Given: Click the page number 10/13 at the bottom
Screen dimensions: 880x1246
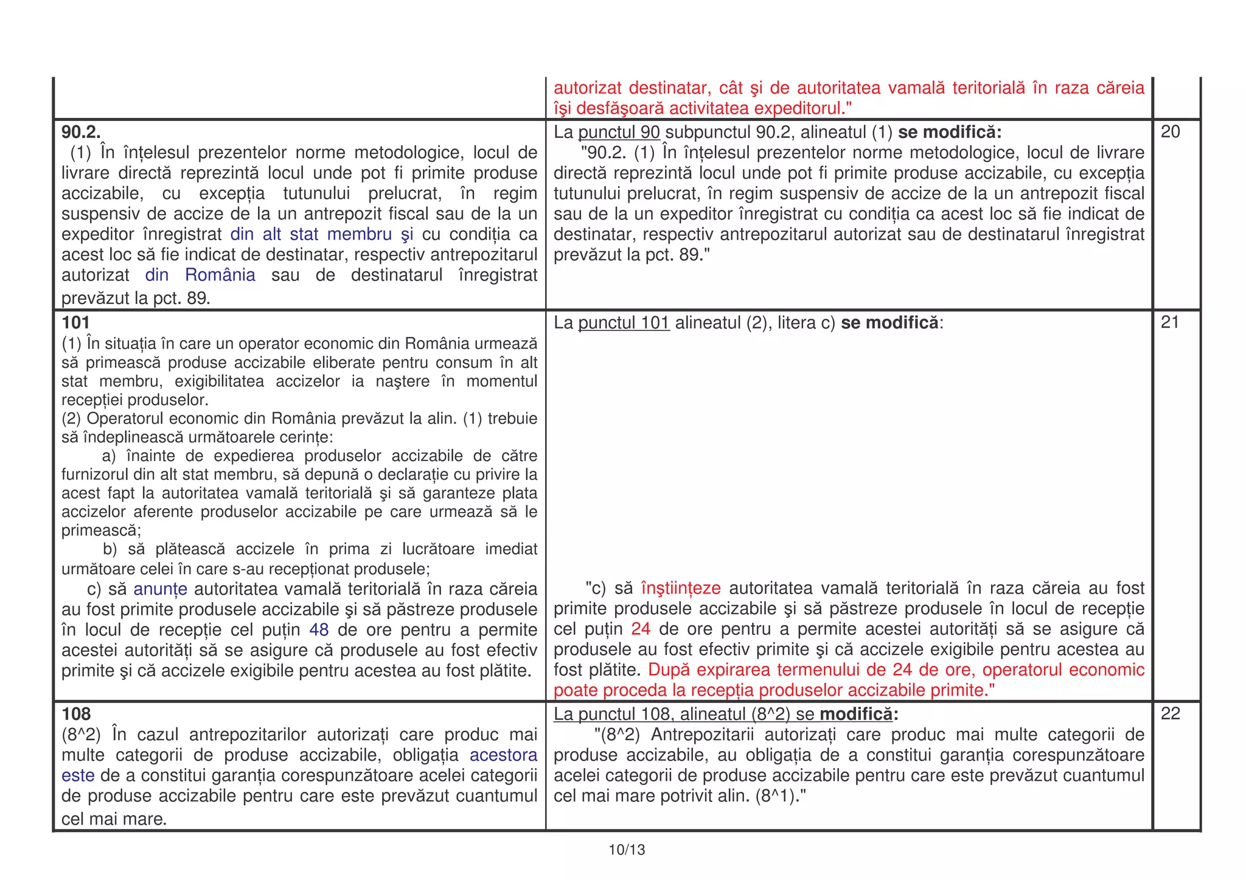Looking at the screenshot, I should pyautogui.click(x=627, y=850).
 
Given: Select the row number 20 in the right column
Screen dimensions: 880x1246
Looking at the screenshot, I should pyautogui.click(x=1170, y=131).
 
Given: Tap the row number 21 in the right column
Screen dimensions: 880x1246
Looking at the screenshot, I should pyautogui.click(x=1170, y=322).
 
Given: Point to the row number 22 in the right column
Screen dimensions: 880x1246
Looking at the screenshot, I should pyautogui.click(x=1170, y=713).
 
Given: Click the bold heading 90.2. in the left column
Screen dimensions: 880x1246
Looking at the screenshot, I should pyautogui.click(x=81, y=131).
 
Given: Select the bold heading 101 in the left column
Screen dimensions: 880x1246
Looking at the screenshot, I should pyautogui.click(x=75, y=322).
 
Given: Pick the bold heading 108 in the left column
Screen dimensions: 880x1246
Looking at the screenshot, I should pyautogui.click(x=76, y=713).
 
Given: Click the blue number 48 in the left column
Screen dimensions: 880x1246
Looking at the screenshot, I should pyautogui.click(x=319, y=629).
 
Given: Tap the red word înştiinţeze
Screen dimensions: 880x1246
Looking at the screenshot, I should pyautogui.click(x=681, y=588).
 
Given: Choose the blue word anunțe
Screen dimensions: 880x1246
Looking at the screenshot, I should pyautogui.click(x=160, y=589).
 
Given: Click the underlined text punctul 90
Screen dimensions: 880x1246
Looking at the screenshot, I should pyautogui.click(x=619, y=132).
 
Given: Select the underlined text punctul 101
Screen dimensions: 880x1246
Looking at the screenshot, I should pyautogui.click(x=624, y=323).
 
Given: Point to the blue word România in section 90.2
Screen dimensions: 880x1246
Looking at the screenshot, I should pyautogui.click(x=220, y=275).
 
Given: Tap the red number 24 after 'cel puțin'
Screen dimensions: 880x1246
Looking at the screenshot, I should pyautogui.click(x=641, y=629).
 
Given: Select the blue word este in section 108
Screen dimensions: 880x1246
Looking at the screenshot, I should pyautogui.click(x=78, y=776).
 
